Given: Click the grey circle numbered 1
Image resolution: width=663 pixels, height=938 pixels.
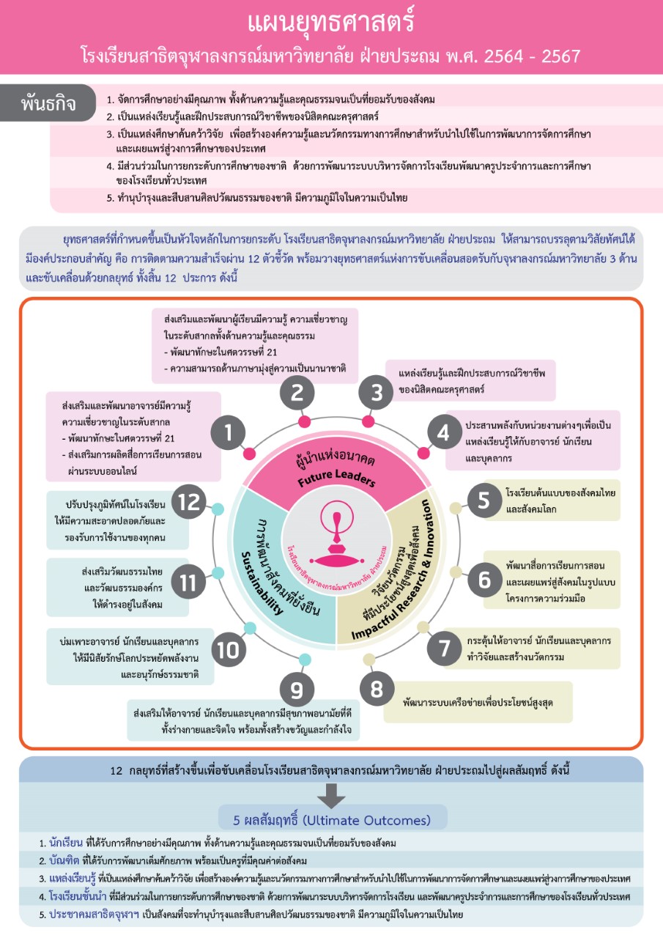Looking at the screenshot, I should [229, 433].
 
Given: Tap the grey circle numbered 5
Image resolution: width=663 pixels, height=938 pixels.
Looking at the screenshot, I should [484, 500].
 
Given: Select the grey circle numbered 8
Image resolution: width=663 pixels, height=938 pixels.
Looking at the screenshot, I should [377, 690].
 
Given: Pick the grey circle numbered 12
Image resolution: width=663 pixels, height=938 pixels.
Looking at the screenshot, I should [189, 502].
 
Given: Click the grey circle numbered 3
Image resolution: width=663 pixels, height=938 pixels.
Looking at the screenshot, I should [377, 394].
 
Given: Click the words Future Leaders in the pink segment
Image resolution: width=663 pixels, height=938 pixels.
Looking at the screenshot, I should [336, 481].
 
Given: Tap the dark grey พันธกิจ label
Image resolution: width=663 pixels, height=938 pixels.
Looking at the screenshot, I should [48, 103].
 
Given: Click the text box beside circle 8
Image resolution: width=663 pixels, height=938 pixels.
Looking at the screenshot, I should [479, 702].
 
